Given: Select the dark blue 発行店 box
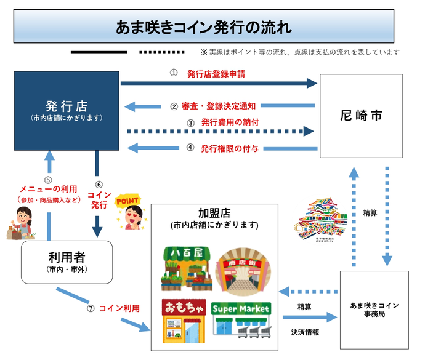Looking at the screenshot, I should pos(67,111).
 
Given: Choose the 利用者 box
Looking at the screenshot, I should pos(67,262).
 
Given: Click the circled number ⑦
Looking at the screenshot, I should pos(91,308).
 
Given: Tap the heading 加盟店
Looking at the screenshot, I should pos(215,213).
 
